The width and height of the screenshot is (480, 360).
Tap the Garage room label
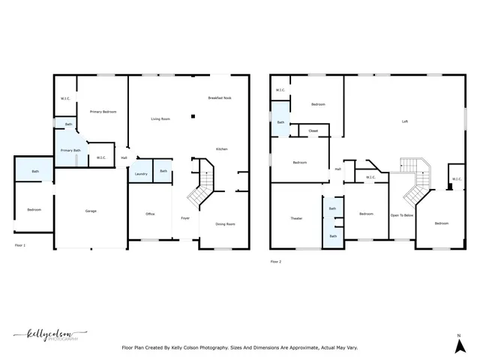(91, 211)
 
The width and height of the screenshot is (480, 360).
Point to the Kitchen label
(222, 149)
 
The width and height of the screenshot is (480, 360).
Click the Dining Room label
(225, 224)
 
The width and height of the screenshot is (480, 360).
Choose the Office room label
(150, 214)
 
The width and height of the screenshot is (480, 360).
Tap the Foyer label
(185, 217)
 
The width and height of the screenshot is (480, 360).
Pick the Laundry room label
(141, 174)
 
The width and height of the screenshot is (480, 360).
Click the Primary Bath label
(70, 151)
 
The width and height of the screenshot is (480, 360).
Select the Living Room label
(160, 118)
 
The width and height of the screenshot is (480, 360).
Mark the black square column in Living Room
(193, 116)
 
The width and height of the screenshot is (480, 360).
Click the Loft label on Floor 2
(405, 121)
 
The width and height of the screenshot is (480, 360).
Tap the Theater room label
(296, 217)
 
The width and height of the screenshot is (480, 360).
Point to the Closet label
(313, 130)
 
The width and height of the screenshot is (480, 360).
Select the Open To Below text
(402, 215)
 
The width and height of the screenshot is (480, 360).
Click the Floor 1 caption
(20, 245)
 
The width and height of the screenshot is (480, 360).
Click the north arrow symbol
(459, 344)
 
